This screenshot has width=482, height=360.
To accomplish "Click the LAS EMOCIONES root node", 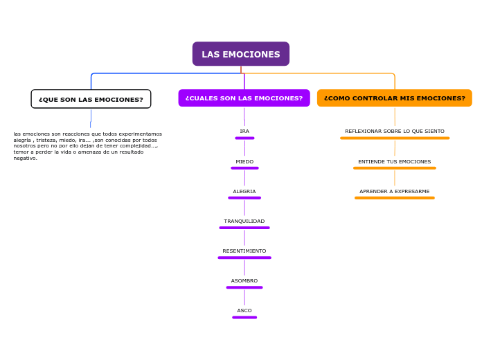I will pos(240,54).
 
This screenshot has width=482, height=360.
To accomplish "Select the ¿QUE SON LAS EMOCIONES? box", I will pos(91,99).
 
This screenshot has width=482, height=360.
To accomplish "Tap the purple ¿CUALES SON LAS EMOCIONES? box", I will pos(244,98).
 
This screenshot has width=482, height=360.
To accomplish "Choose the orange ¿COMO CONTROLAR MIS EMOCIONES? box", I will pos(394,98).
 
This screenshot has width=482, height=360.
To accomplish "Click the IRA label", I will pos(244,131).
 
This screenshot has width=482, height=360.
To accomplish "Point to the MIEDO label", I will pos(244,161).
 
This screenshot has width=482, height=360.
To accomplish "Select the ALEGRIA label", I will pos(244,191).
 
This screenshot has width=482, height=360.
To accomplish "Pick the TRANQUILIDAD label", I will pos(244,221).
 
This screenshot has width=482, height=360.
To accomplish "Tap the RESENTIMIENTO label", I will pos(244,251).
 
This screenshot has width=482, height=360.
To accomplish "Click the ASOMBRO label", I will pos(244,280).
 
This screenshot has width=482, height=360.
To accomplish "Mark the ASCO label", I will pos(244,310).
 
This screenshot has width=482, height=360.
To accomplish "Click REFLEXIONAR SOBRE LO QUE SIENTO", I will pos(395,131).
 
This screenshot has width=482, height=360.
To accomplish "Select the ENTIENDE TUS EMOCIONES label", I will pos(395,161).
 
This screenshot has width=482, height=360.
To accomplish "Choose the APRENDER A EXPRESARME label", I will pos(395,191).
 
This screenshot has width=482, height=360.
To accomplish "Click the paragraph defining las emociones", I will pos(87,145).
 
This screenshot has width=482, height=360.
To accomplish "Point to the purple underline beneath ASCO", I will pos(244,317).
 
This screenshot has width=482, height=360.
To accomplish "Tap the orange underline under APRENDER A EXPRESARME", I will pos(395,198).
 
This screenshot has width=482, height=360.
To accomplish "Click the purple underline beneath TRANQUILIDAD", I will pos(244,228).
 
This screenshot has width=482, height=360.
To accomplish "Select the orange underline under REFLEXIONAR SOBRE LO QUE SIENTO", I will pos(395,138).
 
